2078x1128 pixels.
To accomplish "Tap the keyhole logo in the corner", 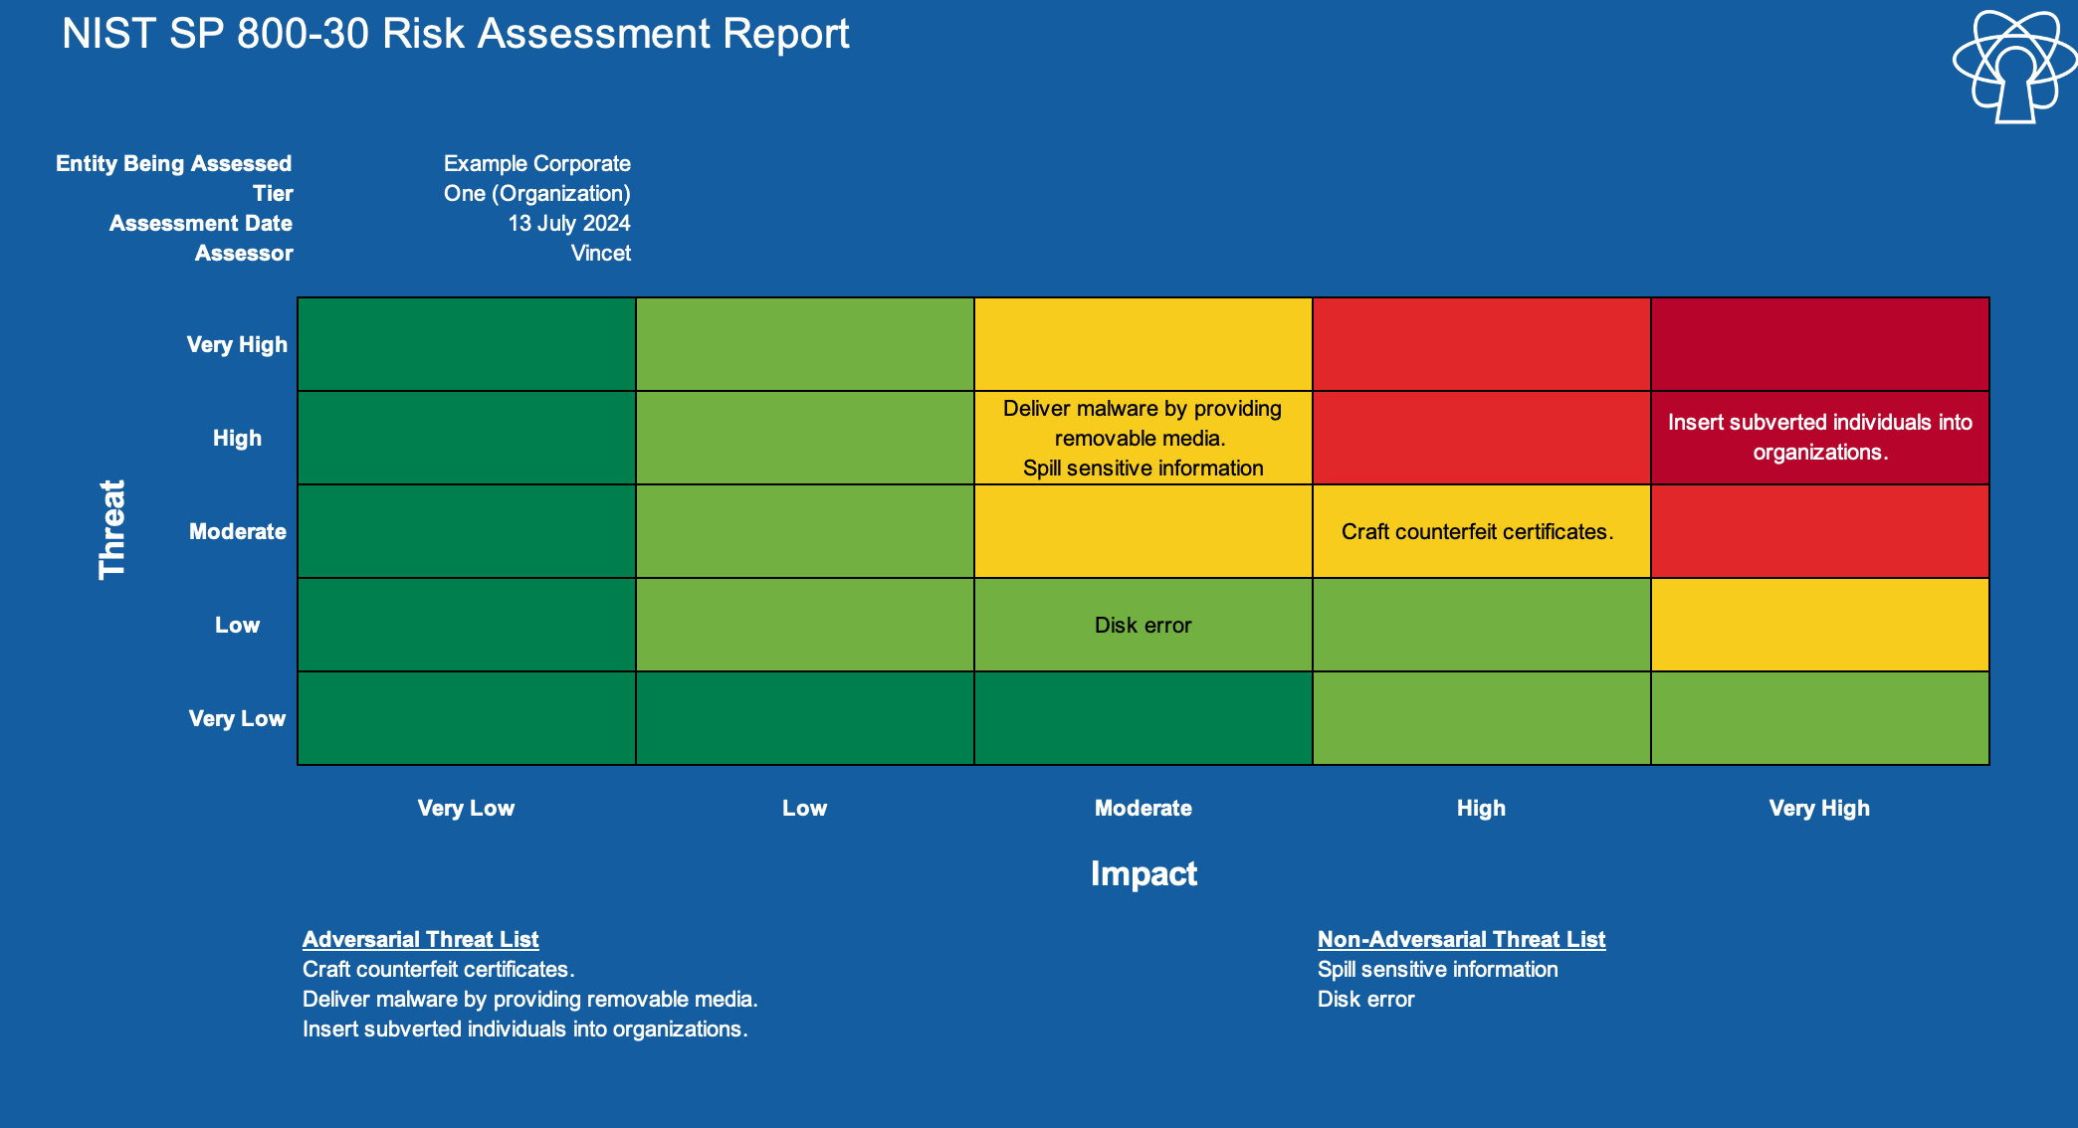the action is coord(2014,67).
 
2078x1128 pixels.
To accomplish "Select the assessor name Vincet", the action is coord(600,253).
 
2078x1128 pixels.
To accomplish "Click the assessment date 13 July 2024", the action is coord(569,223).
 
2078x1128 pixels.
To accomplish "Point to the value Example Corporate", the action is coord(537,163).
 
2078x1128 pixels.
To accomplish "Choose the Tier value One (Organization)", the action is coord(537,193).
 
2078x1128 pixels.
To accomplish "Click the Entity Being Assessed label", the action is coord(174,163).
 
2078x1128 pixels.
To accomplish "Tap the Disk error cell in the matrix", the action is coord(1143,625).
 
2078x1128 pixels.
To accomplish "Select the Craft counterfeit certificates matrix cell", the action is coord(1482,531).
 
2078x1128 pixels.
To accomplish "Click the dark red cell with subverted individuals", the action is coord(1820,438).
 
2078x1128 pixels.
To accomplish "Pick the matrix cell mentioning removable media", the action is coord(1143,438).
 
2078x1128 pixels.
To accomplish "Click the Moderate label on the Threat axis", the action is coord(238,531).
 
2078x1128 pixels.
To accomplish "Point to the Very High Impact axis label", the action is coord(1819,808).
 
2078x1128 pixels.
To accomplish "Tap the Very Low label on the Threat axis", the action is coord(237,718).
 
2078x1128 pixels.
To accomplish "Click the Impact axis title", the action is coord(1143,873).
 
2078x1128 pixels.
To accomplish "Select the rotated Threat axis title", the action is coord(111,529).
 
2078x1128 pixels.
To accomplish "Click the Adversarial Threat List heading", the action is coord(420,939).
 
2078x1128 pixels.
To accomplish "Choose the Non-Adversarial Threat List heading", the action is coord(1461,939).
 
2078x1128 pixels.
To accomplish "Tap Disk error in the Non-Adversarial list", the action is coord(1365,999).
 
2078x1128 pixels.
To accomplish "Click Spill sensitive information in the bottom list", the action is coord(1437,969).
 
